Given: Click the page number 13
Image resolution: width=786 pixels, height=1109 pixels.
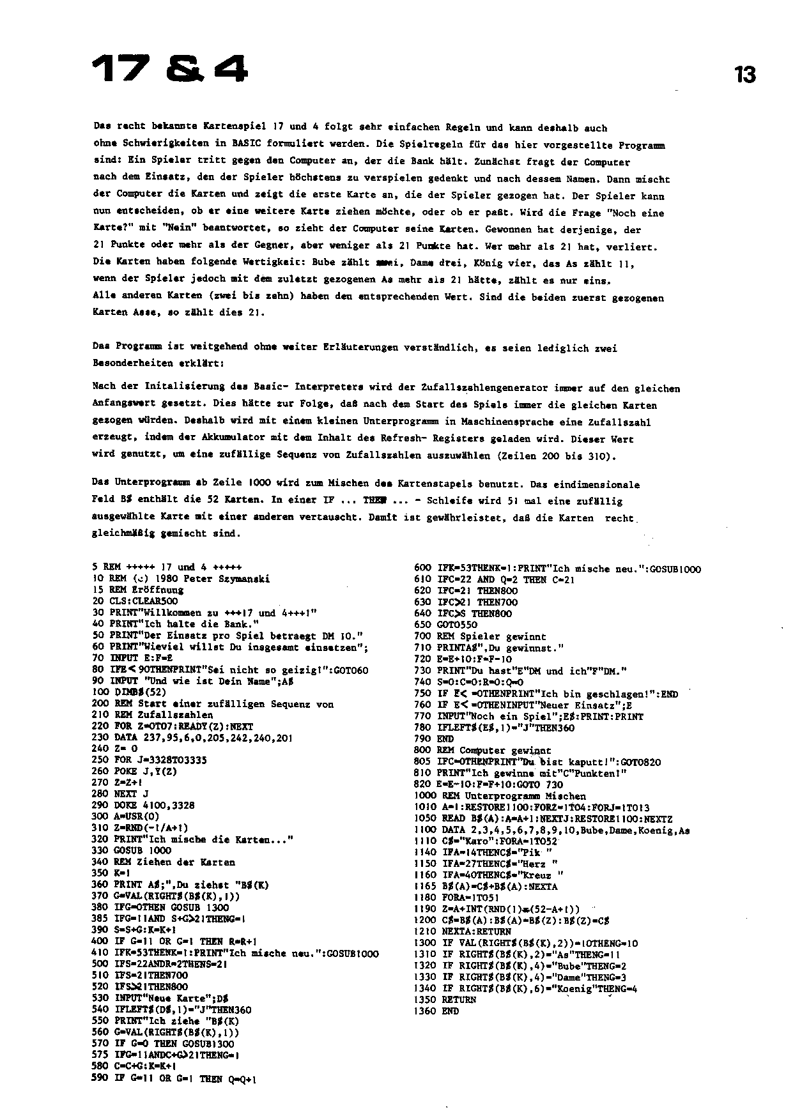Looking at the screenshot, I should tap(744, 75).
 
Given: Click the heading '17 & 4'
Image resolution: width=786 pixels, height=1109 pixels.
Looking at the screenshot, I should tap(169, 69).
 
